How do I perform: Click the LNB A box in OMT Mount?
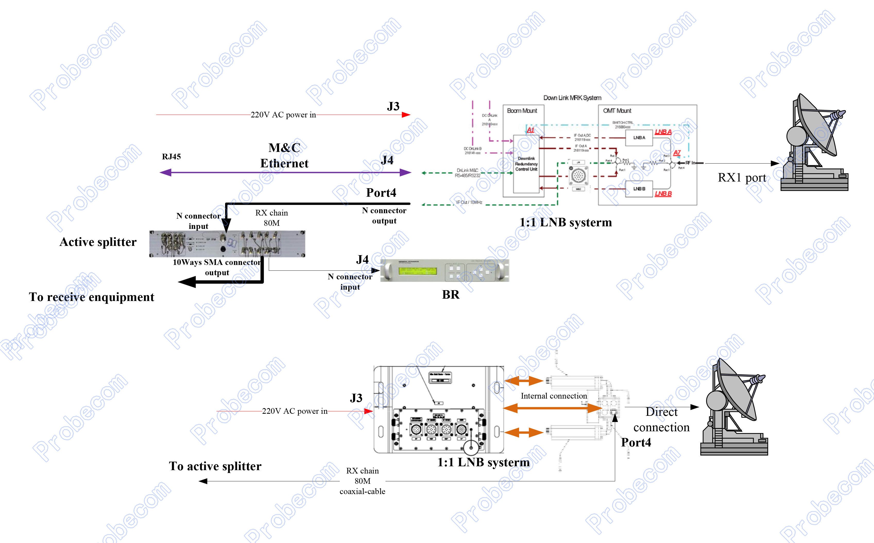point(639,138)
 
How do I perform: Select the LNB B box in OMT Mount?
point(639,189)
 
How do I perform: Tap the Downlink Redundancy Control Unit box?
point(526,164)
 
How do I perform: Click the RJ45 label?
point(171,157)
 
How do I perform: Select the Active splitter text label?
point(98,242)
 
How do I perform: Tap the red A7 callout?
point(677,153)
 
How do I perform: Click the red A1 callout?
point(530,130)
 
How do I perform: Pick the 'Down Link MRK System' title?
point(572,98)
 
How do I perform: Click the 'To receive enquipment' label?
point(92,297)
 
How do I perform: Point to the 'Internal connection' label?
point(554,396)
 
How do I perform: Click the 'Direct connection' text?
point(662,419)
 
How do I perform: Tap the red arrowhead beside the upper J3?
point(406,115)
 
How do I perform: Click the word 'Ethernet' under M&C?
point(284,163)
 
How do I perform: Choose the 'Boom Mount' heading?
point(522,111)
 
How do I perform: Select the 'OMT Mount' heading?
point(617,111)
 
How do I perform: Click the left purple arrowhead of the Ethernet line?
point(165,173)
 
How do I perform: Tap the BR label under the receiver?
point(451,295)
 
